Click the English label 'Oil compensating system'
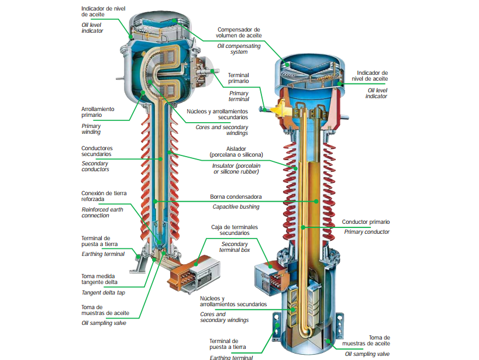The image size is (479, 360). [x=239, y=49]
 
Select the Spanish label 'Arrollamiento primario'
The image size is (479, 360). [x=98, y=112]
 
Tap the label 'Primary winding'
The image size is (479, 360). [x=91, y=129]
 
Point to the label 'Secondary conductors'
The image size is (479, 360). [x=95, y=167]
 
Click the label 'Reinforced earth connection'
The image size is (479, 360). [x=102, y=213]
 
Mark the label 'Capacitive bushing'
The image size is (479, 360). [x=236, y=206]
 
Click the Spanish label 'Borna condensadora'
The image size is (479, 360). [x=236, y=197]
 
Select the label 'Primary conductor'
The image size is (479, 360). [x=367, y=232]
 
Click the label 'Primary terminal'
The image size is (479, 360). [x=239, y=96]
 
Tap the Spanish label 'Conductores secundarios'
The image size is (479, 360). [x=97, y=151]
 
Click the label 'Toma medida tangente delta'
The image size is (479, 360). [x=99, y=279]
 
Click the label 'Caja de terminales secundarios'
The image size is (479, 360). [x=235, y=230]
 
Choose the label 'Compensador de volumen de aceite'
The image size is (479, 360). [x=239, y=32]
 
